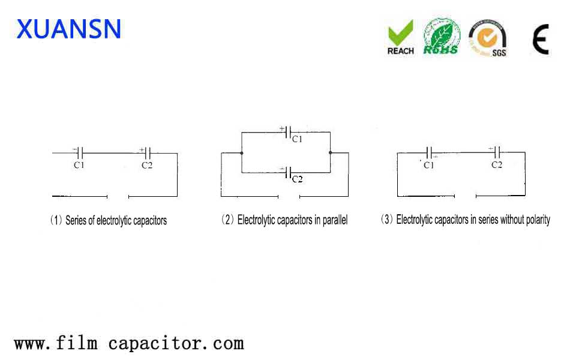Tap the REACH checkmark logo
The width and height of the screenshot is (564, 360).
click(400, 38)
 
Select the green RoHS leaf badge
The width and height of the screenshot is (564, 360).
click(442, 37)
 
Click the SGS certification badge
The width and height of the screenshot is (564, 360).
click(488, 38)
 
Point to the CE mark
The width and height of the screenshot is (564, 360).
click(540, 40)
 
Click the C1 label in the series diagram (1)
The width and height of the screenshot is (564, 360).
click(79, 165)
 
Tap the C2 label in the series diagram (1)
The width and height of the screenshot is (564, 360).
click(147, 165)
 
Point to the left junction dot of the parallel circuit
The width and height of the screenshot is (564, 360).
click(241, 153)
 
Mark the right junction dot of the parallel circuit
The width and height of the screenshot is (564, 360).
click(330, 153)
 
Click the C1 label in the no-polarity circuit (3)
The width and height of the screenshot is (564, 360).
click(428, 165)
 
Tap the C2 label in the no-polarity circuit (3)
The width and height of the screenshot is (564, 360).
click(497, 165)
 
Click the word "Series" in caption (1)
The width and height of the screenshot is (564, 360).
click(76, 220)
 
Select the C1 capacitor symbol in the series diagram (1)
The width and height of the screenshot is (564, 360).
click(80, 153)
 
